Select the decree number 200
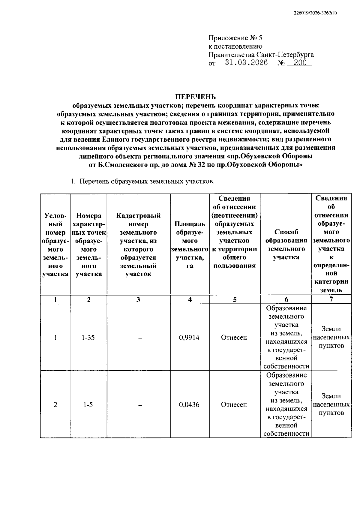click(300, 63)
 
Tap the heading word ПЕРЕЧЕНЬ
click(195, 97)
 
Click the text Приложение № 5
click(235, 38)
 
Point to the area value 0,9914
click(189, 338)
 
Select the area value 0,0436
click(189, 404)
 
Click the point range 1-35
click(88, 338)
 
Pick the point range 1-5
click(88, 404)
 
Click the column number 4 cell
click(190, 299)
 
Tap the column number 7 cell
click(331, 299)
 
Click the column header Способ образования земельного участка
click(286, 244)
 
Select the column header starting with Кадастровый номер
click(138, 244)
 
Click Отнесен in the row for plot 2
click(234, 404)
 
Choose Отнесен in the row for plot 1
click(234, 338)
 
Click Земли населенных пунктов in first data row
click(331, 337)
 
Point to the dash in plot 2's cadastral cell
click(139, 405)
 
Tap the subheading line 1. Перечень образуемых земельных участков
click(142, 182)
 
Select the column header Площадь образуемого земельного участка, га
click(190, 245)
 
